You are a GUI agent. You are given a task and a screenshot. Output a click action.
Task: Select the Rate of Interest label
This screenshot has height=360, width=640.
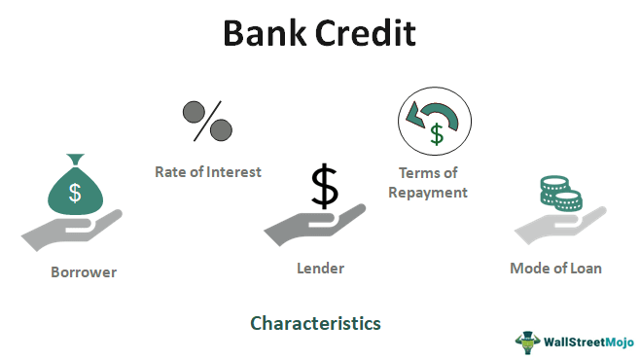coord(208,172)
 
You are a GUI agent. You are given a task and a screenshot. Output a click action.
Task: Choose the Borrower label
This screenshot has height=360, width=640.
coord(84,272)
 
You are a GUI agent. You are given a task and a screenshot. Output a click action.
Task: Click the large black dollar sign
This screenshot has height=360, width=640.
coord(325,187)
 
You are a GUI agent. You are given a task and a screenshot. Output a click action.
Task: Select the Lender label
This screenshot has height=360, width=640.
coord(321,269)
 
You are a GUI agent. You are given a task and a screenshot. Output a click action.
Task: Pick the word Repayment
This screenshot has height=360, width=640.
coord(428,193)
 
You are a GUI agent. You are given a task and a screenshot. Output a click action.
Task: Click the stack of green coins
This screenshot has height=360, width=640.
coord(559,192)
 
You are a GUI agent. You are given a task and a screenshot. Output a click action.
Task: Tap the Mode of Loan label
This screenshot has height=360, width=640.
coord(555,269)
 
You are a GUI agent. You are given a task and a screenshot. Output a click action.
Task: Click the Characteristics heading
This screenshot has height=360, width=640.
coord(315,322)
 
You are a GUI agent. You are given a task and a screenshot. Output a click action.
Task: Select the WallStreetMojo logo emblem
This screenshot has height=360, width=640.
coord(527,342)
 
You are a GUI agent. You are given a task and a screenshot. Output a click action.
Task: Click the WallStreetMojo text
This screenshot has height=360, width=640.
coord(587,342)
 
